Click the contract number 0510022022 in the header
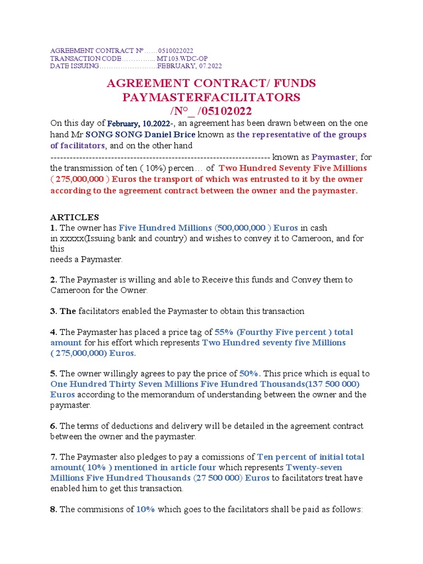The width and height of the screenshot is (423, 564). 175,51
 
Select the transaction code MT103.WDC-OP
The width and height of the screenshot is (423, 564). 182,58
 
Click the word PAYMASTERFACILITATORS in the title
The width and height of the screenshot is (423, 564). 211,97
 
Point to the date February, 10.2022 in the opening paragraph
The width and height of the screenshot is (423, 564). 139,123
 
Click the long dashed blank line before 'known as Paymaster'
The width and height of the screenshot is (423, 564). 160,157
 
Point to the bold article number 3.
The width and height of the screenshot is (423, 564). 53,311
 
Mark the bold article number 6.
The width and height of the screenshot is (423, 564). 53,426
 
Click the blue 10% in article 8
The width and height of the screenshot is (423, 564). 146,509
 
